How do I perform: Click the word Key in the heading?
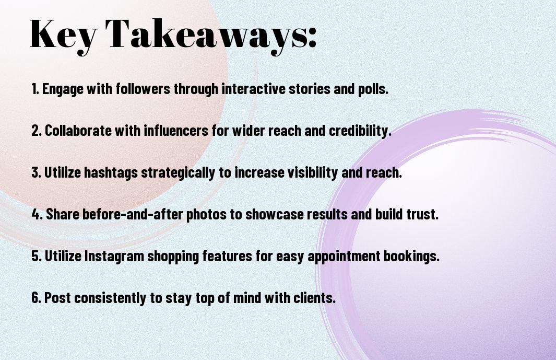pos(63,34)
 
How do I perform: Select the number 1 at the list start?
pos(34,89)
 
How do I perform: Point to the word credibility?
pos(360,131)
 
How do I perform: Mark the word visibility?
pos(309,172)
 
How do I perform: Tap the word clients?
pos(317,298)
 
